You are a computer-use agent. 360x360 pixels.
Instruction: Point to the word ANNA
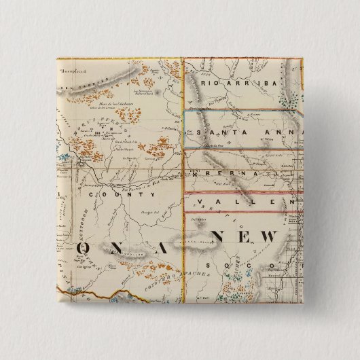click(x=272, y=132)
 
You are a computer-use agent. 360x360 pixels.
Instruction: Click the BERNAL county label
click(x=238, y=174)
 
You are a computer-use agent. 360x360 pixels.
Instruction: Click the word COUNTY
click(x=122, y=194)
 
